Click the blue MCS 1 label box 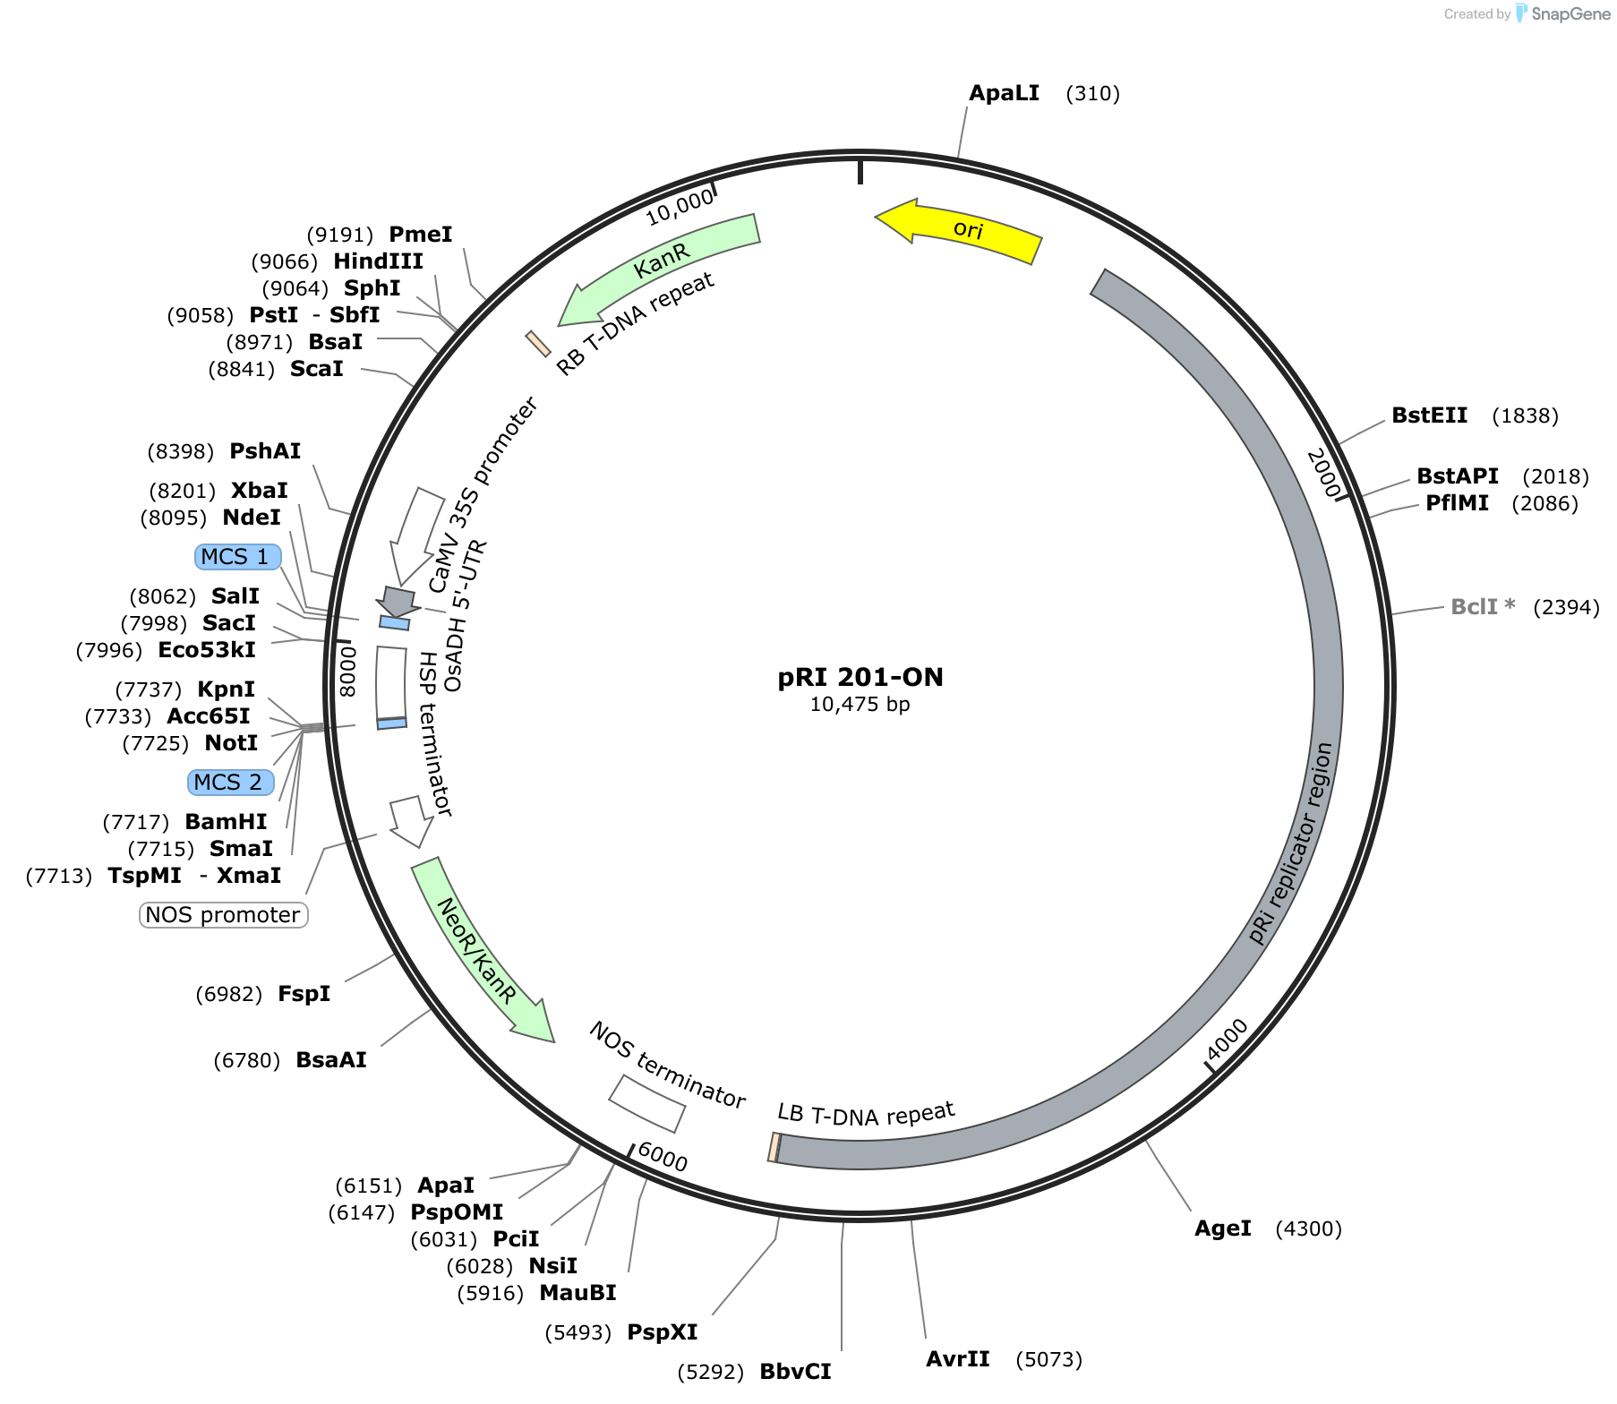pos(237,557)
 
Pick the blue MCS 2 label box pos(230,783)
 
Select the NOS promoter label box pos(224,915)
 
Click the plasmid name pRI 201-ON pos(860,677)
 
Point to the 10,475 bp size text pos(860,705)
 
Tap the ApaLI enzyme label pos(1005,93)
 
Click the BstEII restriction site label pos(1430,415)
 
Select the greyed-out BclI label pos(1483,607)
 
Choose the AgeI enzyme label pos(1223,1228)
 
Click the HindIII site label pos(379,261)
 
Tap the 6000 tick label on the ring pos(663,1157)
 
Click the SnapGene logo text pos(1570,13)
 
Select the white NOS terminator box pos(647,1103)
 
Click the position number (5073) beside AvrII pos(1049,1360)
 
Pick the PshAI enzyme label pos(265,451)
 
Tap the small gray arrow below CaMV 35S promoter pos(398,600)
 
